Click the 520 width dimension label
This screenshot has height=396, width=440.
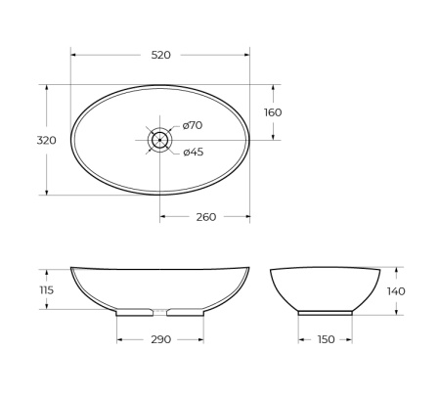pos(160,55)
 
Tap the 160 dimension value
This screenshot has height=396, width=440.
pos(273,112)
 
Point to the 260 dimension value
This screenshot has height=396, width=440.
pos(205,217)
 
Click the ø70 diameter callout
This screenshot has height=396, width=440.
pos(192,125)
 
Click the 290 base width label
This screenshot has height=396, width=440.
pos(160,339)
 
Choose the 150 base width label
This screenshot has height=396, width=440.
pos(326,339)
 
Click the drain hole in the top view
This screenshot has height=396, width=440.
pos(159,140)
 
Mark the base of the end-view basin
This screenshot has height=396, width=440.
pos(326,312)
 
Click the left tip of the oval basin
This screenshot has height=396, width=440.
pos(71,140)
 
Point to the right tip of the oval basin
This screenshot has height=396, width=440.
pos(249,140)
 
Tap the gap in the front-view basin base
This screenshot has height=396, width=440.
pos(160,313)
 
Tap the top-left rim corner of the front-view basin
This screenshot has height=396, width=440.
pos(72,268)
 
